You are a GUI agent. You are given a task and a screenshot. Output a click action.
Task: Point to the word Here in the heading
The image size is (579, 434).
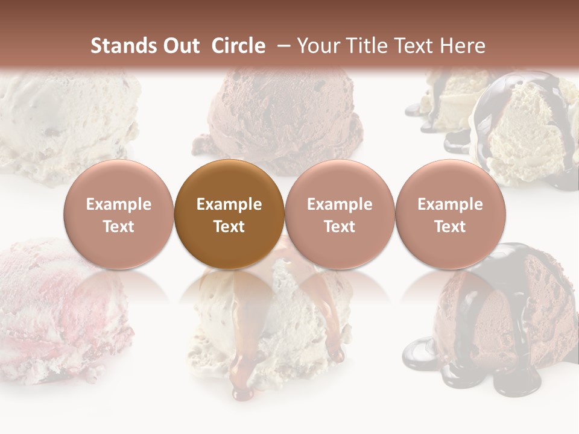464,46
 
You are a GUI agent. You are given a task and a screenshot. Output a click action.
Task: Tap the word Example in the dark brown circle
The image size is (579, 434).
229,204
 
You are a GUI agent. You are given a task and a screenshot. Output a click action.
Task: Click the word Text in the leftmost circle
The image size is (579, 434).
119,227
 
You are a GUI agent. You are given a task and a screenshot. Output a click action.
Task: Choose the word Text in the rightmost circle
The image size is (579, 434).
451,227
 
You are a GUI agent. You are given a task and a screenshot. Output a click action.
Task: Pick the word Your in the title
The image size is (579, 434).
317,46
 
